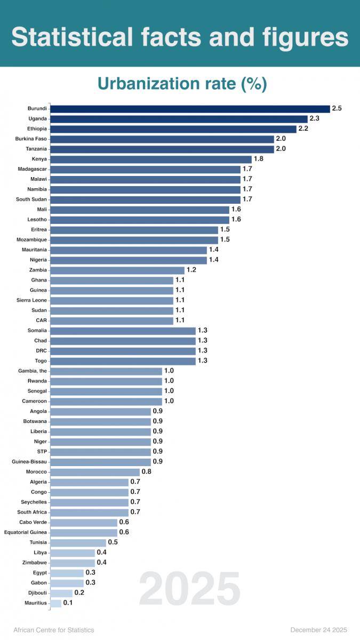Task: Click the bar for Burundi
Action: coord(190,109)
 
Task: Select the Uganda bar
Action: coord(179,119)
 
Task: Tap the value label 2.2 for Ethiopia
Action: coord(303,129)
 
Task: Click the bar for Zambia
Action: coord(117,270)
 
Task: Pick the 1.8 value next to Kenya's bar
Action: coord(259,159)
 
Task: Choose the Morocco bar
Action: coord(95,472)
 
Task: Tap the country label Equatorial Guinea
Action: coord(26,532)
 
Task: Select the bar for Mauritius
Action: coord(56,603)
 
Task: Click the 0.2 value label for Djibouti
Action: coord(79,593)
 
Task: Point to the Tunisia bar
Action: coord(78,542)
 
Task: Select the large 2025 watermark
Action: coord(190,588)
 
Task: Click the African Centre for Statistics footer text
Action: coord(54,630)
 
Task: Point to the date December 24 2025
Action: coord(319,630)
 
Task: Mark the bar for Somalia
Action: coord(123,331)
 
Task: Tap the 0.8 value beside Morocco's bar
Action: coord(147,472)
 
